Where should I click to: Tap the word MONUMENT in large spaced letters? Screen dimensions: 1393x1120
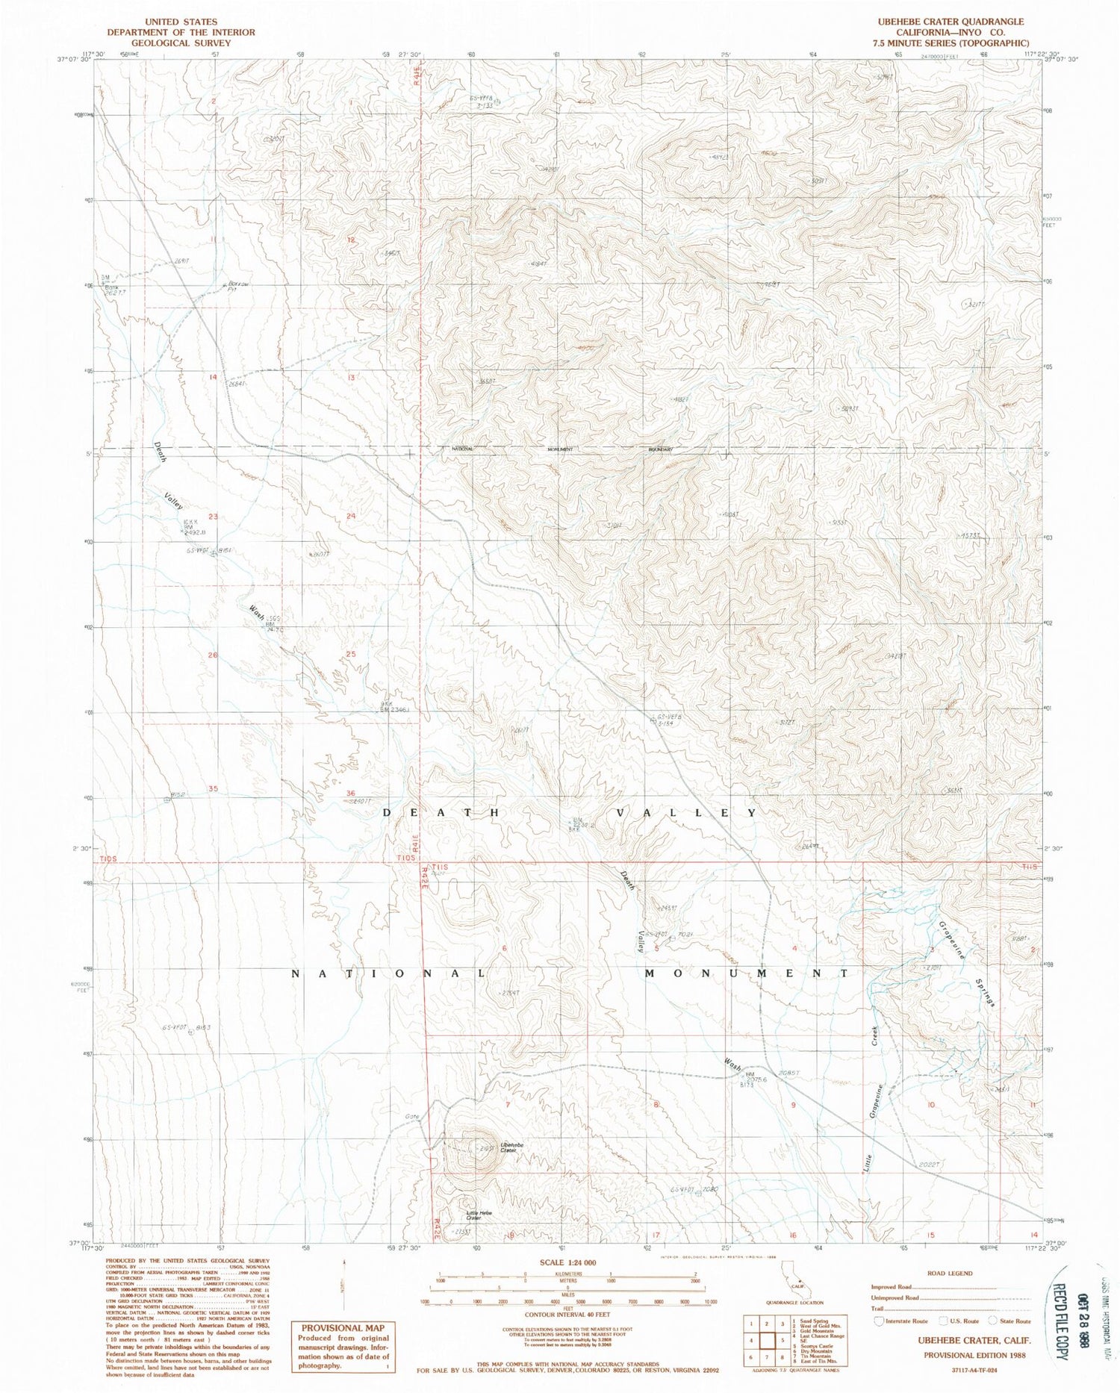(747, 973)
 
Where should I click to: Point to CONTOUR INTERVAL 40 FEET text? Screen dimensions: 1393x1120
(566, 1315)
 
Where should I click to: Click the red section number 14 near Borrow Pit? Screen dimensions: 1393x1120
(213, 377)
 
